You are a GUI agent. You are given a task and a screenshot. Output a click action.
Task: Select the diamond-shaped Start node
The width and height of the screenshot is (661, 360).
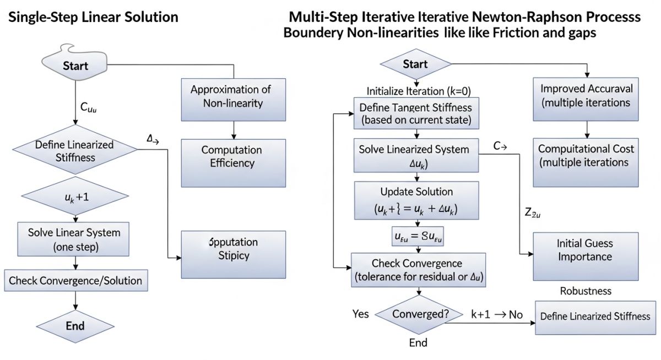(x=415, y=64)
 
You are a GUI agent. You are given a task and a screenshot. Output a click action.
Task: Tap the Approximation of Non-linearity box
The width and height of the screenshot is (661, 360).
(x=233, y=96)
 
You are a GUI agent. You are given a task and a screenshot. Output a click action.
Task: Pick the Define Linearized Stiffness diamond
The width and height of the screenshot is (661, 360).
(x=74, y=151)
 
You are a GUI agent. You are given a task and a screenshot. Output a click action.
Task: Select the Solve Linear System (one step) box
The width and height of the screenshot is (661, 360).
(x=74, y=239)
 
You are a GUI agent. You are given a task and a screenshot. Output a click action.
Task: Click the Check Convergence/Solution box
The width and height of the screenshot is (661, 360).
(x=75, y=281)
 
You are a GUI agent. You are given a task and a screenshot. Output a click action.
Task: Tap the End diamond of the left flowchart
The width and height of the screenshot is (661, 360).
(x=75, y=325)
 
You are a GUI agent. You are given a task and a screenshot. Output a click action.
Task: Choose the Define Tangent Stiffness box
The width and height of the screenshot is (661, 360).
(x=416, y=113)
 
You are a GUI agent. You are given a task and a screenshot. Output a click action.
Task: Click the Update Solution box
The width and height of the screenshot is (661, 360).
(x=416, y=200)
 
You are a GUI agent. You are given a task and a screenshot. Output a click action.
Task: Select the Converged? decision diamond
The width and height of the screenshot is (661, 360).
(x=420, y=314)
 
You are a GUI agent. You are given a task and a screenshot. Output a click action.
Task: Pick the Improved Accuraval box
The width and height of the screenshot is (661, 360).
(x=586, y=95)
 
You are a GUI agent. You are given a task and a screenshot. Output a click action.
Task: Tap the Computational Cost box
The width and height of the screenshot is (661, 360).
(x=586, y=156)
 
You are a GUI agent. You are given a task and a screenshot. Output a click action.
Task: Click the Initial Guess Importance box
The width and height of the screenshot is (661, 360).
(x=585, y=250)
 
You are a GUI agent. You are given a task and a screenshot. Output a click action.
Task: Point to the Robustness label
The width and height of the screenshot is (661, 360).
(x=586, y=291)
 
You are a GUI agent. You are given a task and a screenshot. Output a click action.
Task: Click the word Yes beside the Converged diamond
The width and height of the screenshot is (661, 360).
(x=361, y=314)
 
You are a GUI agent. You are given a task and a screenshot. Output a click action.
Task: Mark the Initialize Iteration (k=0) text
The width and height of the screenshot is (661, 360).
(x=419, y=91)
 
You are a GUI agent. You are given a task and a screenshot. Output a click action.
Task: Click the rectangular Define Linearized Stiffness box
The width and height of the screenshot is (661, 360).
(x=595, y=317)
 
